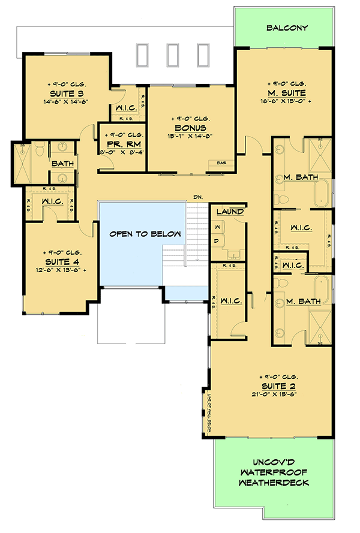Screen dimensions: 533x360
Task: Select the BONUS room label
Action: (191, 128)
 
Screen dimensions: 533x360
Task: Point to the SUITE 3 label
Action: (67, 94)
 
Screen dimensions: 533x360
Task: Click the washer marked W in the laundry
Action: (217, 227)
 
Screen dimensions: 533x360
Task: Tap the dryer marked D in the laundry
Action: (217, 240)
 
